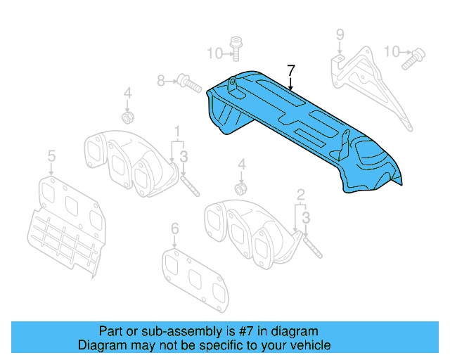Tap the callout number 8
click(x=161, y=81)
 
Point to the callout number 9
click(x=340, y=34)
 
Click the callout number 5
click(x=51, y=156)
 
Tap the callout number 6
click(x=175, y=228)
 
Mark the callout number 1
click(x=177, y=130)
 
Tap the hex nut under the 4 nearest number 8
click(x=127, y=115)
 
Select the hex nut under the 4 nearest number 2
click(x=240, y=188)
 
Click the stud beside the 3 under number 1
click(x=190, y=184)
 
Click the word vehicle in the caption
click(x=305, y=345)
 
